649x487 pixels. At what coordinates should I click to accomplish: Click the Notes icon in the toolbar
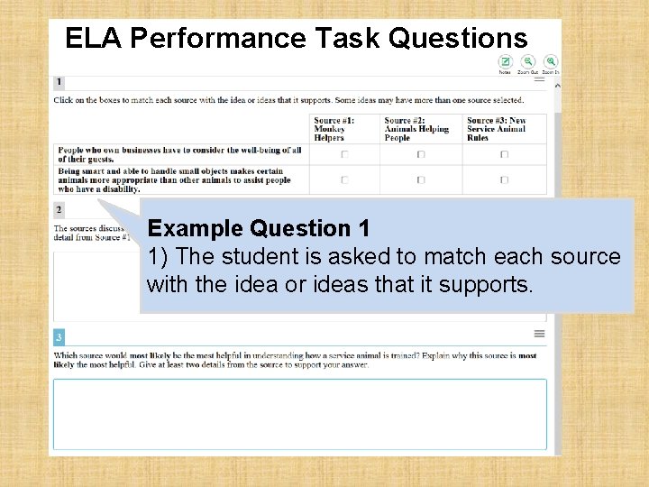coord(506,61)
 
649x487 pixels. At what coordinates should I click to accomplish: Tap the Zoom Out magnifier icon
coord(529,61)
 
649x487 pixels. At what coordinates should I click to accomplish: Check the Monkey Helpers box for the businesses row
coord(344,154)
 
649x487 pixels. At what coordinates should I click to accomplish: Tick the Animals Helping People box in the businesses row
coord(421,154)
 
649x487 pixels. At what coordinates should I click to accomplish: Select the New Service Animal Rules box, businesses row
coord(504,154)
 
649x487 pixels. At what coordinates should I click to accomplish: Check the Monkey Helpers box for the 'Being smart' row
coord(344,179)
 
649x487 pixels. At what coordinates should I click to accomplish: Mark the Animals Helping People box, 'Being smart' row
coord(421,179)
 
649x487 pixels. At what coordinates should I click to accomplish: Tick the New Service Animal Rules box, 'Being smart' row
coord(504,179)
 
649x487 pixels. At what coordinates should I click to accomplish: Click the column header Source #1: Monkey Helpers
coord(334,129)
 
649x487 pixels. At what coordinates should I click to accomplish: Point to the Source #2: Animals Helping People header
coord(416,129)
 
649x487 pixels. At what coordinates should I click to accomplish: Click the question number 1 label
coord(59,82)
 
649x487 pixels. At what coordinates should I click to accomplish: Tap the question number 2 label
coord(59,209)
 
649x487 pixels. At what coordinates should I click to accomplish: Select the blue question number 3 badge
coord(59,337)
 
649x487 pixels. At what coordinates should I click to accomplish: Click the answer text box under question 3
coord(299,414)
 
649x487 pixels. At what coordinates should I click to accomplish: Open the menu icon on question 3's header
coord(539,334)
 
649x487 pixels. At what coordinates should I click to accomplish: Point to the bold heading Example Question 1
coord(259,228)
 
